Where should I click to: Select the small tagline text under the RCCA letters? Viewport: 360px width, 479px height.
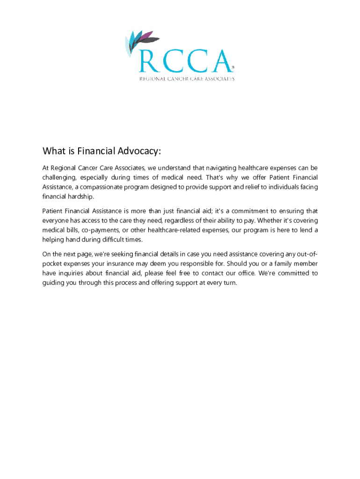187,79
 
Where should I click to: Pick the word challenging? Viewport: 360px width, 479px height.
59,178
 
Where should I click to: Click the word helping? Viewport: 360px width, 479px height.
55,239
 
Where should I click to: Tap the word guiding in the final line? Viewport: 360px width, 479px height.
54,283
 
